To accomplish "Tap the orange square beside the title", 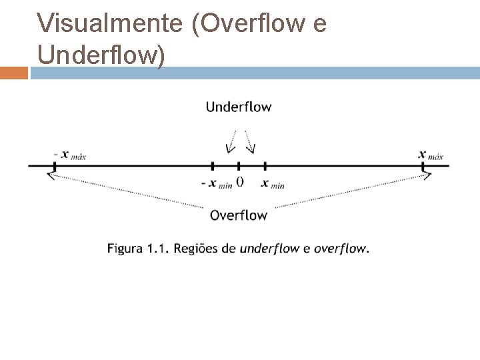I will pyautogui.click(x=14, y=72).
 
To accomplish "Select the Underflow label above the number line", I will pyautogui.click(x=239, y=107).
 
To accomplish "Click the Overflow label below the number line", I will pyautogui.click(x=238, y=215).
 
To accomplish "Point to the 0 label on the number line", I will pyautogui.click(x=239, y=181).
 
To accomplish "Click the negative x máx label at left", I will pyautogui.click(x=70, y=155).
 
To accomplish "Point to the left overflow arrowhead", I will pyautogui.click(x=51, y=175).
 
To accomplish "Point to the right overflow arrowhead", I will pyautogui.click(x=427, y=175).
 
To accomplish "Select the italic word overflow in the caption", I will pyautogui.click(x=341, y=249).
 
